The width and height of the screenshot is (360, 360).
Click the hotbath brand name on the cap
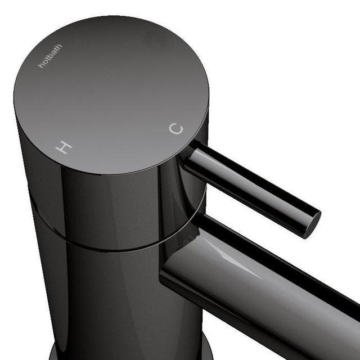tap(50, 56)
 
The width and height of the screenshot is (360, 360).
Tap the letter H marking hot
tap(65, 148)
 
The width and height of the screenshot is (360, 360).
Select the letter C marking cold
tap(177, 129)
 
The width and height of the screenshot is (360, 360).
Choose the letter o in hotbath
tap(43, 63)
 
